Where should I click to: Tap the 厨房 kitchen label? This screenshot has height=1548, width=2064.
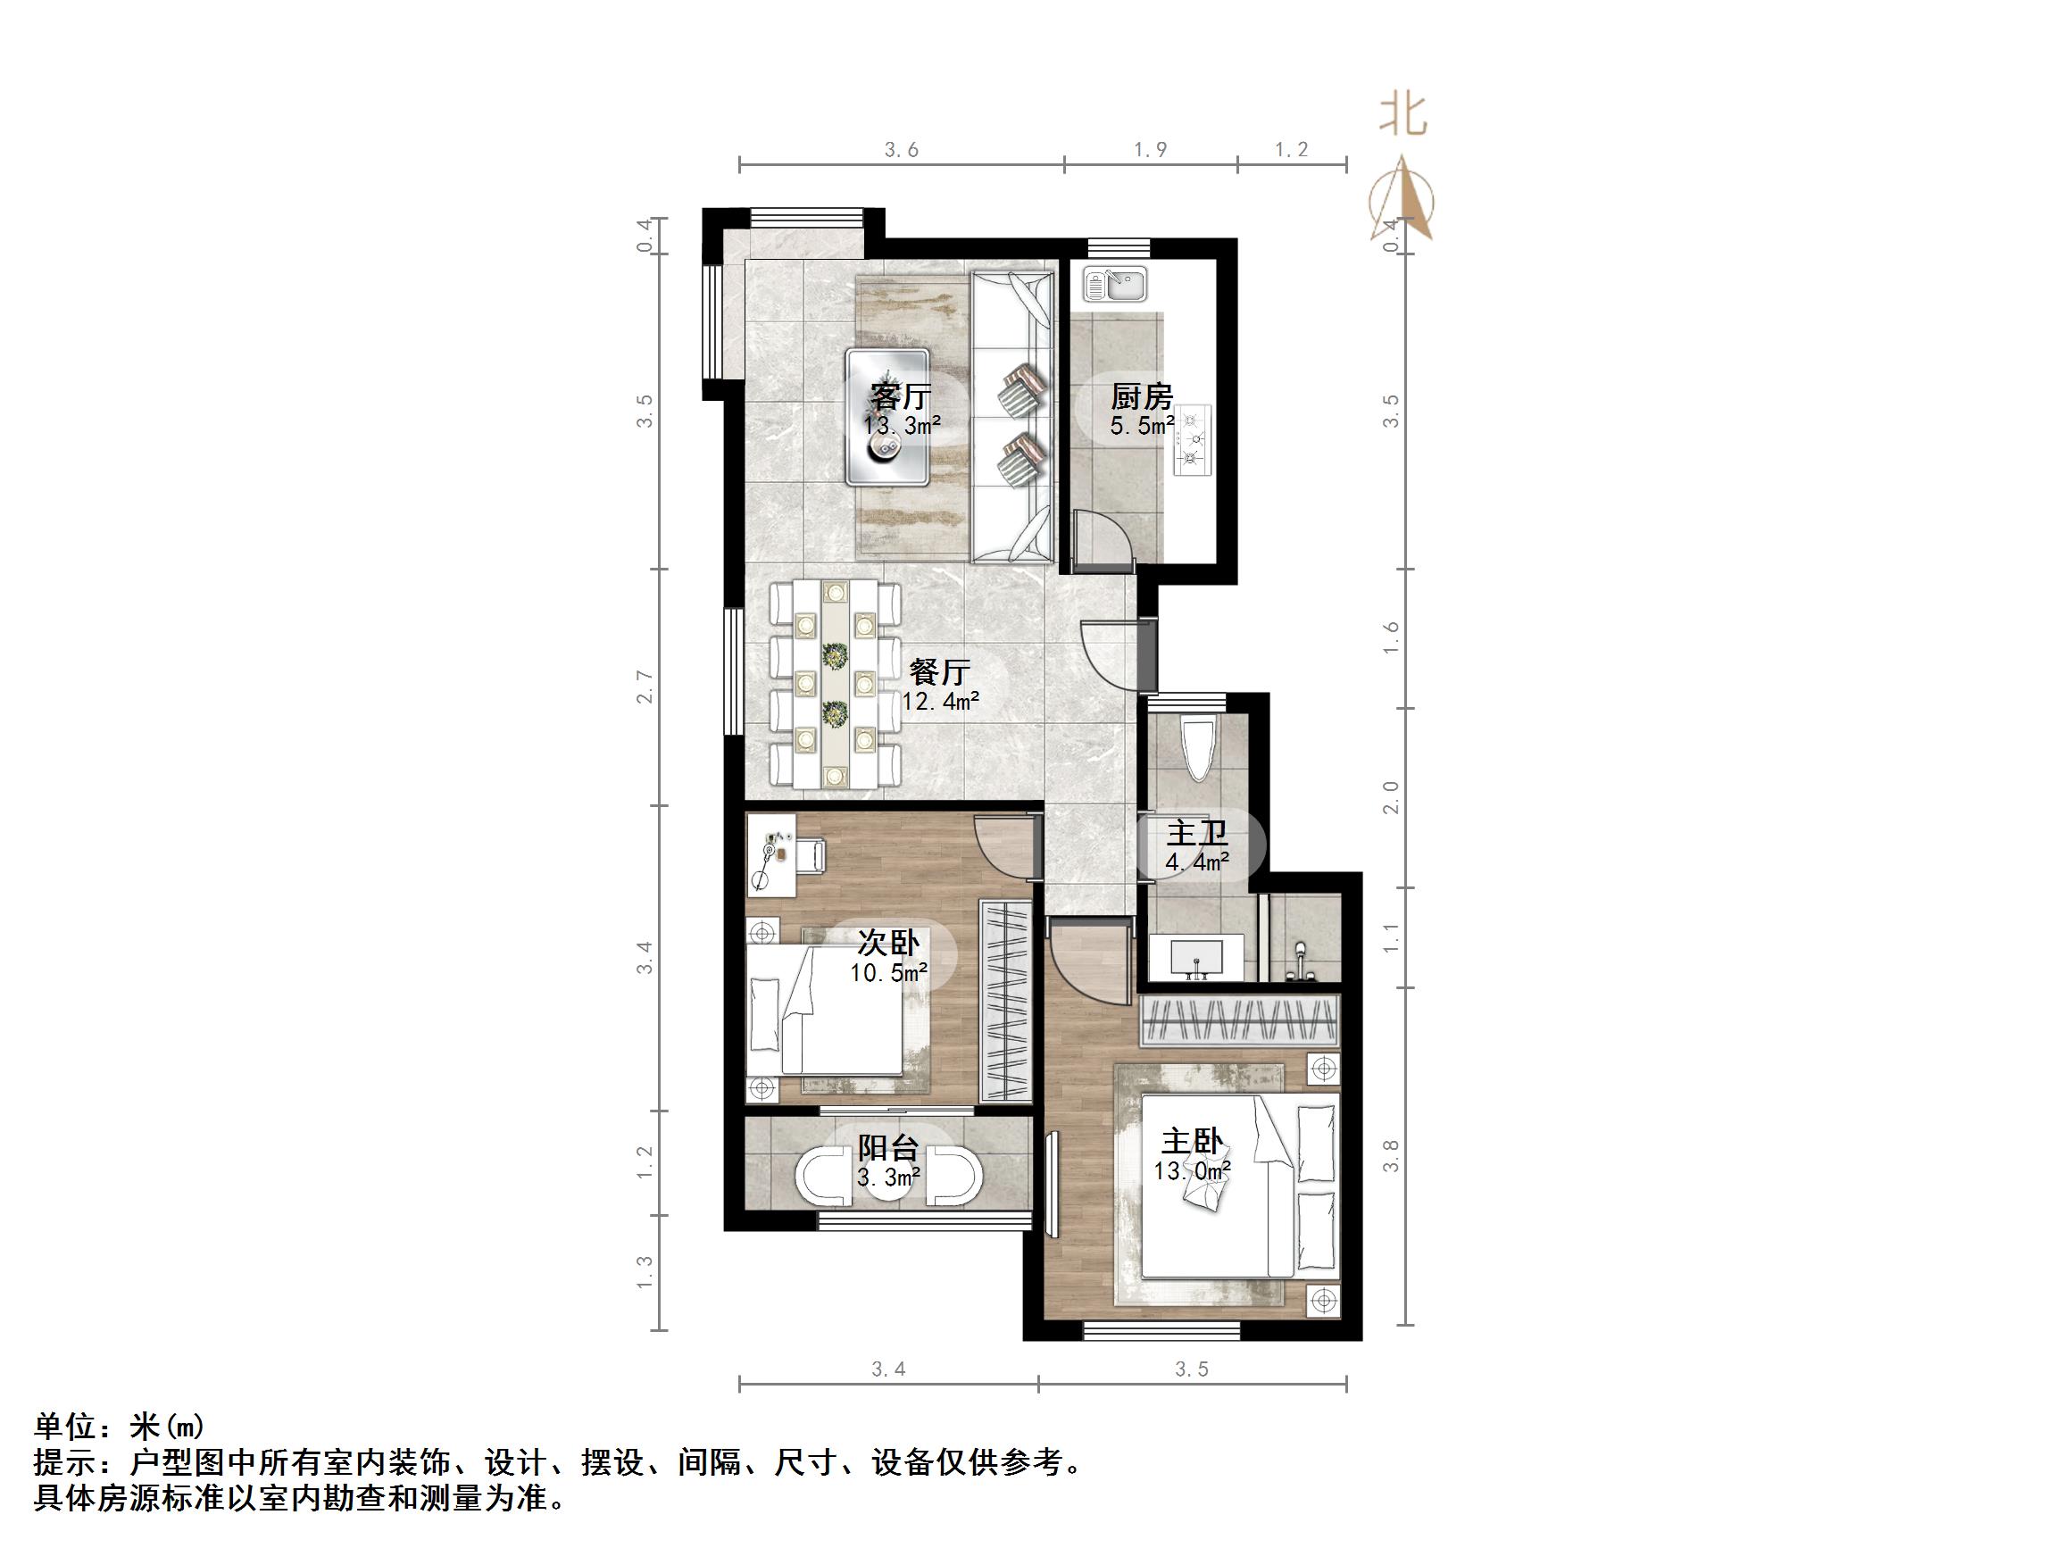[1140, 396]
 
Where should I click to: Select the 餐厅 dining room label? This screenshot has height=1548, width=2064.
[940, 671]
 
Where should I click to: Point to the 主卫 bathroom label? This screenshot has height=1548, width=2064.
[1196, 832]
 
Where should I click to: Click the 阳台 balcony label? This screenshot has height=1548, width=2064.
[888, 1148]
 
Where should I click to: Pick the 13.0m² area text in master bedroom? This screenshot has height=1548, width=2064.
[1192, 1170]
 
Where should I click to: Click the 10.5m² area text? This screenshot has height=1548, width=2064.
[888, 973]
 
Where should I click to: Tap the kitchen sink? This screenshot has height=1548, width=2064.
[1115, 285]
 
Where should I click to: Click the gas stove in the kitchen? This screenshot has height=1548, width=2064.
[1192, 440]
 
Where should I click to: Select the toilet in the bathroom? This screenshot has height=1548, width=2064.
[1198, 746]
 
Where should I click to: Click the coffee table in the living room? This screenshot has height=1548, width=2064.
[886, 416]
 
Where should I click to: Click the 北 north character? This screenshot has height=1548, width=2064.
[1403, 116]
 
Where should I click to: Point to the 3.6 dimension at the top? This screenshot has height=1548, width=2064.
[902, 149]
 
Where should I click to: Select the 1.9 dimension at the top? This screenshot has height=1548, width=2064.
[1150, 149]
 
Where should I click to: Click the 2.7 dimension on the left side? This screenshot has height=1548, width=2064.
[645, 686]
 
